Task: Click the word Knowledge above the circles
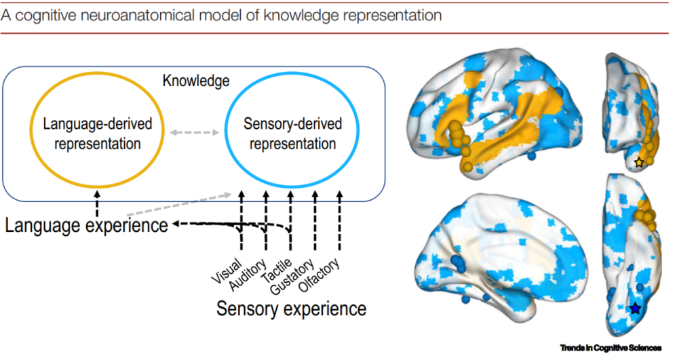[x=196, y=81]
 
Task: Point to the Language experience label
[x=86, y=225]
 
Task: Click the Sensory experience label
[x=291, y=308]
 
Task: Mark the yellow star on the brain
[x=638, y=163]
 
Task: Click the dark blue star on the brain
[x=635, y=308]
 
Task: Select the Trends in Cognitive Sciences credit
[x=610, y=348]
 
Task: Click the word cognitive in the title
[x=43, y=14]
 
